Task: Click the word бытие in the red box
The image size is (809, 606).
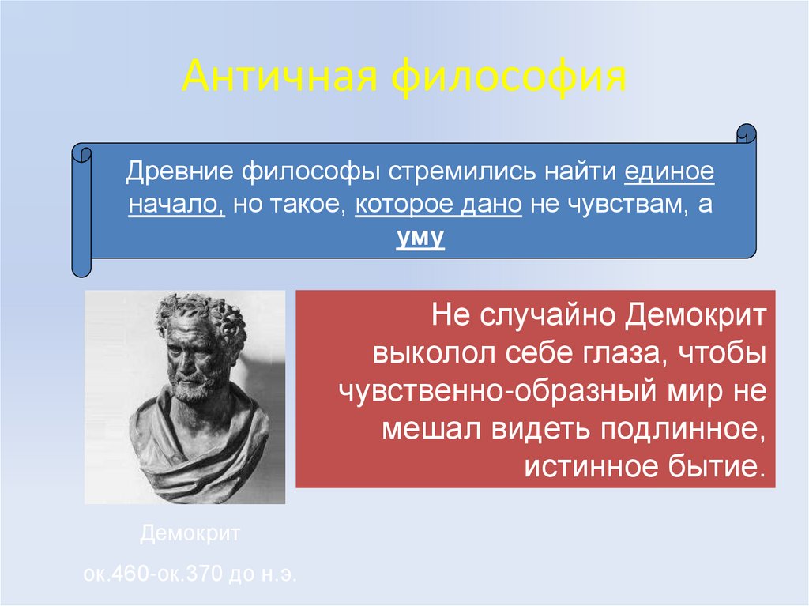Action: (725, 465)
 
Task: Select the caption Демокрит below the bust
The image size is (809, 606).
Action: (190, 534)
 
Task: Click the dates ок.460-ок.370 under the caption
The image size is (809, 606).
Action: (155, 573)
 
